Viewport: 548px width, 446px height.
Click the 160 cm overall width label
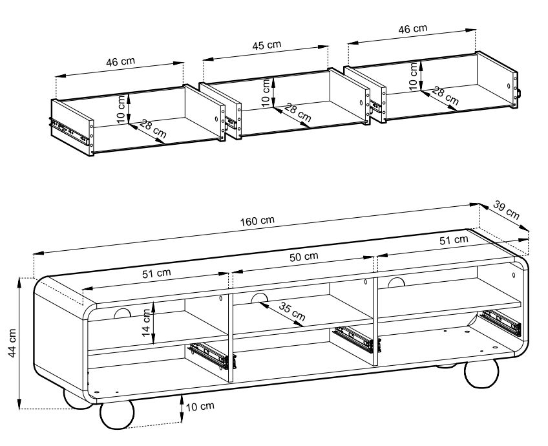click(x=257, y=221)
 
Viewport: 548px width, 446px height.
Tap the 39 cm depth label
click(x=507, y=209)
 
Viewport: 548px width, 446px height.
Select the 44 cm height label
click(x=12, y=343)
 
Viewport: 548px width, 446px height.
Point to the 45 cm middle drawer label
click(x=266, y=45)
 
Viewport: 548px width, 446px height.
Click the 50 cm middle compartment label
click(x=304, y=257)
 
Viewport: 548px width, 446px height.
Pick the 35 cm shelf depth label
click(x=292, y=312)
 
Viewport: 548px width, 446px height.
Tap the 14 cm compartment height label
click(x=147, y=323)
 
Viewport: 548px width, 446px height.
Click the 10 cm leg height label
click(x=200, y=407)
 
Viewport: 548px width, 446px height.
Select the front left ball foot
click(x=117, y=414)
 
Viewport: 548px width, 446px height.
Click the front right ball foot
click(x=481, y=374)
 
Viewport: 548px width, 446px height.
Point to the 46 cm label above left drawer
click(x=120, y=62)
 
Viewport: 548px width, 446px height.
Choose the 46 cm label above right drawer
click(x=412, y=29)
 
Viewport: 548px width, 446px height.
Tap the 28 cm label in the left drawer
click(x=154, y=129)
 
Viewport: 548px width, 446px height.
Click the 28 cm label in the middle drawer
click(x=297, y=112)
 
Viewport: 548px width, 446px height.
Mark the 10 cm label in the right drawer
click(x=413, y=76)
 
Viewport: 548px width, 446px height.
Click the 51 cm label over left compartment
click(x=156, y=273)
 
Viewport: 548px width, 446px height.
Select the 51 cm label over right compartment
click(x=453, y=240)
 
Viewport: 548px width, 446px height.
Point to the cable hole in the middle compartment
click(x=259, y=299)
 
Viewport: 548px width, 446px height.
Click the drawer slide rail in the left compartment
click(x=212, y=356)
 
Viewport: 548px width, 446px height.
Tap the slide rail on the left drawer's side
click(x=68, y=131)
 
